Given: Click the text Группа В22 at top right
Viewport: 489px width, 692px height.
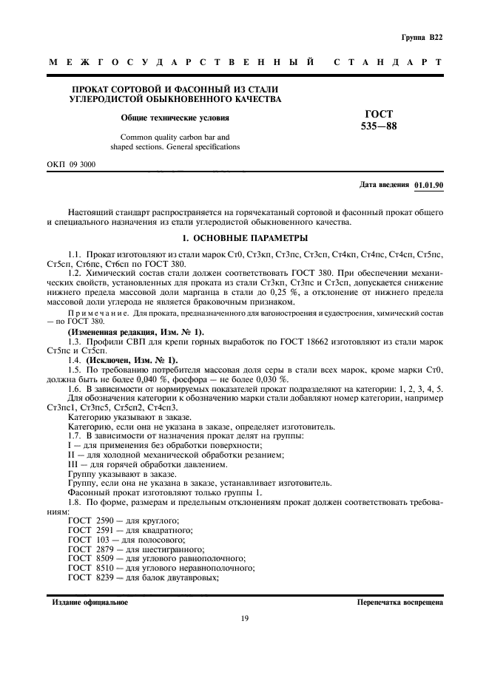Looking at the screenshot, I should pos(422,35).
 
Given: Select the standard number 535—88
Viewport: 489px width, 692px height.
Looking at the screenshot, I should pos(380,127).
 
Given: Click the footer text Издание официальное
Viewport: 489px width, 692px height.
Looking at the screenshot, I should pos(90,602).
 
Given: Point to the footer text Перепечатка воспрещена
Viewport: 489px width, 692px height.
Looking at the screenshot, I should pos(399,602).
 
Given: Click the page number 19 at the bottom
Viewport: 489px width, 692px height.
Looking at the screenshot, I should pos(244,619).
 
